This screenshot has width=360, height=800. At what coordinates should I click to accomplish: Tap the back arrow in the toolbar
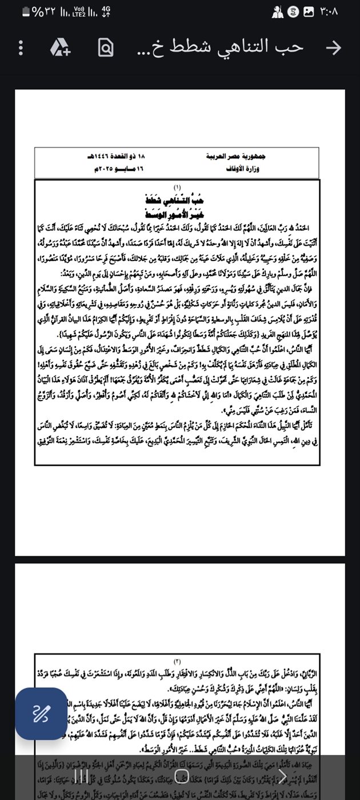point(333,48)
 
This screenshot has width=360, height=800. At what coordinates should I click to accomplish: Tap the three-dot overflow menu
point(21,48)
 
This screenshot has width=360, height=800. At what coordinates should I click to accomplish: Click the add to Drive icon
point(59,48)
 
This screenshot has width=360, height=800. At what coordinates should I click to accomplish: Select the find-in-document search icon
point(105,48)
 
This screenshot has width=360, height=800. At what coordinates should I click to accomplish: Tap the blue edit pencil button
point(41,714)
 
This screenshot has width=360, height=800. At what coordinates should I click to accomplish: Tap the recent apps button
point(82,776)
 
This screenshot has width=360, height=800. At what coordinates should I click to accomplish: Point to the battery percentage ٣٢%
point(42,11)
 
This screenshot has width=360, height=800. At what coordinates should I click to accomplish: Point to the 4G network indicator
point(106,11)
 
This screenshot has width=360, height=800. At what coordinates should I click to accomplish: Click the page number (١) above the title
point(177,187)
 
